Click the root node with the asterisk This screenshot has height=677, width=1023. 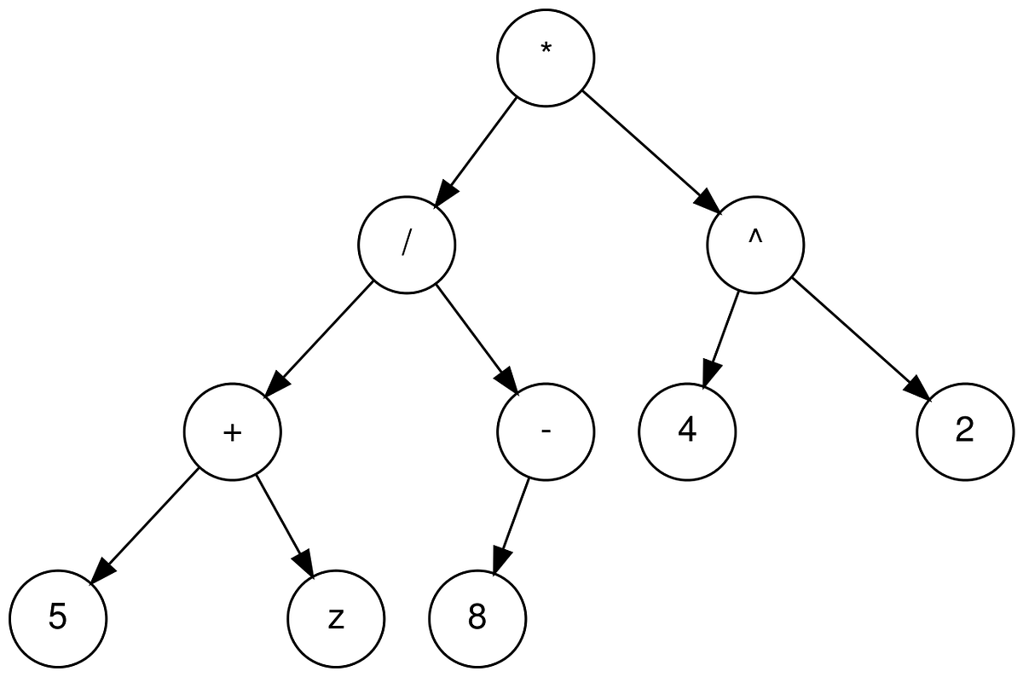(546, 58)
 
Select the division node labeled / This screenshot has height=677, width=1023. (407, 246)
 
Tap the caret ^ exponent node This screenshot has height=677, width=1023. (754, 246)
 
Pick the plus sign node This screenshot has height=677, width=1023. (232, 432)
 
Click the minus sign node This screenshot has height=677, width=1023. (546, 432)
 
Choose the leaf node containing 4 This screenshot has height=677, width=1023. (687, 432)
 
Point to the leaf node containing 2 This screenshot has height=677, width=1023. (964, 432)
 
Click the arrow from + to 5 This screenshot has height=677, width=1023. (145, 525)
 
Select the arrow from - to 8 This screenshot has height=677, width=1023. (511, 525)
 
